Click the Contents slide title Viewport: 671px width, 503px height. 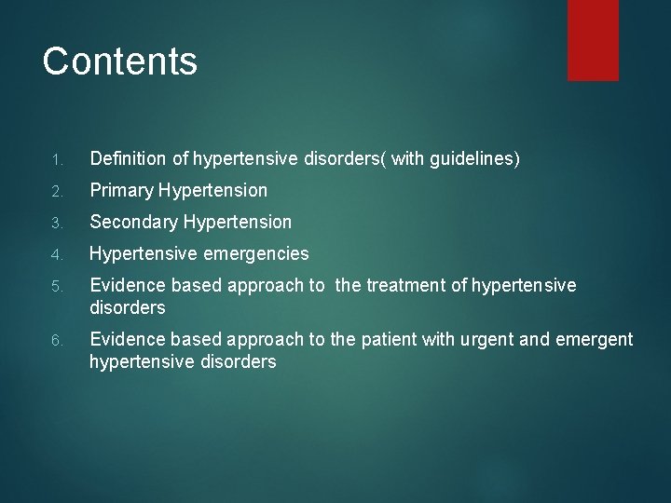click(x=120, y=61)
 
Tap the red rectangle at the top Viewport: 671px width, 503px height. click(x=594, y=39)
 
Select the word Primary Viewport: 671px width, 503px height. click(x=121, y=191)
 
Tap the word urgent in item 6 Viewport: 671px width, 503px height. click(x=486, y=339)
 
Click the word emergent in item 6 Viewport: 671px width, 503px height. click(x=595, y=339)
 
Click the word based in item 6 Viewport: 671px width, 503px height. click(x=192, y=339)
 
